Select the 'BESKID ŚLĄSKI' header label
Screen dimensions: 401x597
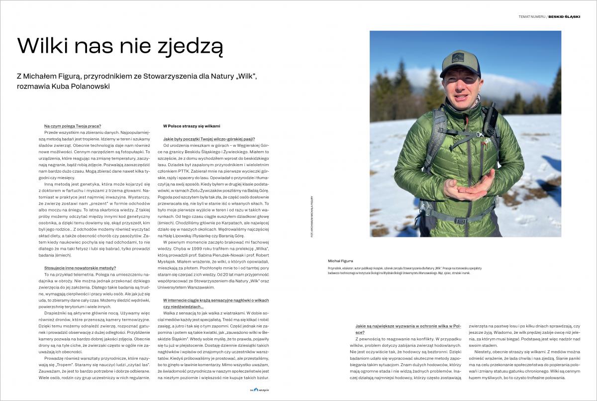point(564,16)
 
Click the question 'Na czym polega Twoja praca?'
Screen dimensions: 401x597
point(72,126)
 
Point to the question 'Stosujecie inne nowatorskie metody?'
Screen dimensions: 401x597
point(80,268)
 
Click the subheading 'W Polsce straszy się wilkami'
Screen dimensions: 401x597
point(192,126)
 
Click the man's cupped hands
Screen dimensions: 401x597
point(465,187)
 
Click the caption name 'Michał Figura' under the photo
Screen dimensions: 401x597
point(340,261)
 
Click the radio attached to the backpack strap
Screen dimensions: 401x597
point(490,119)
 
